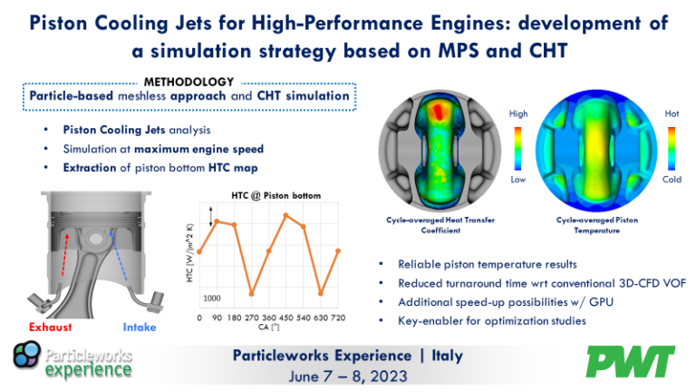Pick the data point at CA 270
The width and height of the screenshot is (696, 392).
point(251,294)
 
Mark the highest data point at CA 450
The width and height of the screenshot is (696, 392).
point(286,215)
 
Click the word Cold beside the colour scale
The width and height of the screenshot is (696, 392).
point(672,180)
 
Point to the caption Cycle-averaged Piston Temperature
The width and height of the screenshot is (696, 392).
point(589,225)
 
